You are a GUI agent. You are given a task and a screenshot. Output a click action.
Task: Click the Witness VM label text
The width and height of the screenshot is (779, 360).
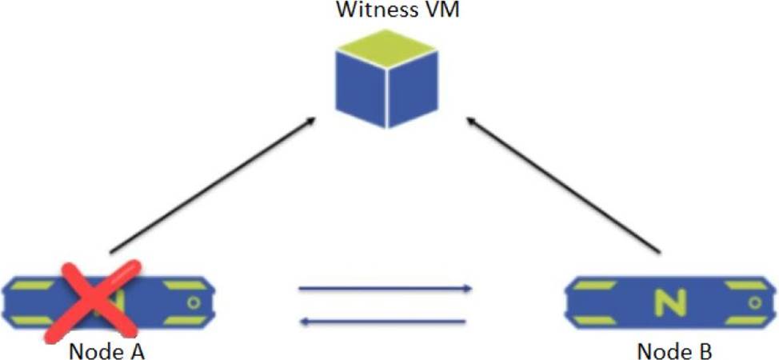[389, 11]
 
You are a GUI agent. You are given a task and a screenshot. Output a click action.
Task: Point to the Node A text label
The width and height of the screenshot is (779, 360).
[106, 350]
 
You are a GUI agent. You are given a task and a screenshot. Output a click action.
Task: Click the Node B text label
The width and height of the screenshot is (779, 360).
[673, 350]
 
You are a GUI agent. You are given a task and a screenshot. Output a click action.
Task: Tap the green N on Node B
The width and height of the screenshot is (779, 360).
[666, 302]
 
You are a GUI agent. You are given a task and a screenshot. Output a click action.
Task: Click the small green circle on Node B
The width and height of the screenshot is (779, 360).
[753, 302]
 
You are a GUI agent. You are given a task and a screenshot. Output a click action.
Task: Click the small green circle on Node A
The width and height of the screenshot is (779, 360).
[194, 302]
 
